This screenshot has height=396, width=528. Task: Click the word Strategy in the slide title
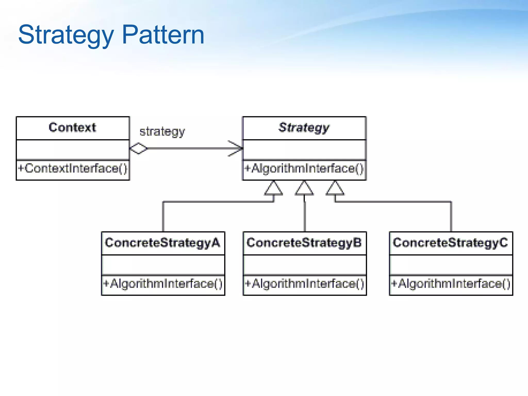coord(66,35)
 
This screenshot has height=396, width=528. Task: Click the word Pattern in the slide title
coord(163,35)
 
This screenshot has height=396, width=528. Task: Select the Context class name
coord(72,128)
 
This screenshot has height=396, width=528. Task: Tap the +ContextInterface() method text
coord(72,168)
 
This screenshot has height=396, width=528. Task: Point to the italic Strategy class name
coord(304,128)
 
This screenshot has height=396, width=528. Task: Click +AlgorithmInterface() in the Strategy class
coord(304,169)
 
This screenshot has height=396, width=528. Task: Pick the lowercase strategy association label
coord(162,131)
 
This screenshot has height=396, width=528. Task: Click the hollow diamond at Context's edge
coord(138,148)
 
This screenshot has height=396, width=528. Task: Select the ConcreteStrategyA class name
coord(163,243)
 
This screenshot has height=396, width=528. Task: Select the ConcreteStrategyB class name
coord(304,243)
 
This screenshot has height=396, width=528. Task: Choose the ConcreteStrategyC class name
coord(450,243)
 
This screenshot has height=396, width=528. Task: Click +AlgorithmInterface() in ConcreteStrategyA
coord(163,284)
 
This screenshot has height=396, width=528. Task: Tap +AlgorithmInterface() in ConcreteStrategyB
coord(304,284)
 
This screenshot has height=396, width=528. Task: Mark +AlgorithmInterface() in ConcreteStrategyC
coord(451,284)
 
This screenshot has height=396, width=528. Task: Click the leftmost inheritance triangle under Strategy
coord(274,189)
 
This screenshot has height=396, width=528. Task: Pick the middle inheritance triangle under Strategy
coord(304,189)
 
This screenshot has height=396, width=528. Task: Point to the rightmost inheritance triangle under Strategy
coord(335,189)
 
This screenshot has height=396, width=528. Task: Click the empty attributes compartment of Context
coord(72,150)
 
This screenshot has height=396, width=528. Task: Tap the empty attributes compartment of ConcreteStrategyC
coord(451,265)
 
